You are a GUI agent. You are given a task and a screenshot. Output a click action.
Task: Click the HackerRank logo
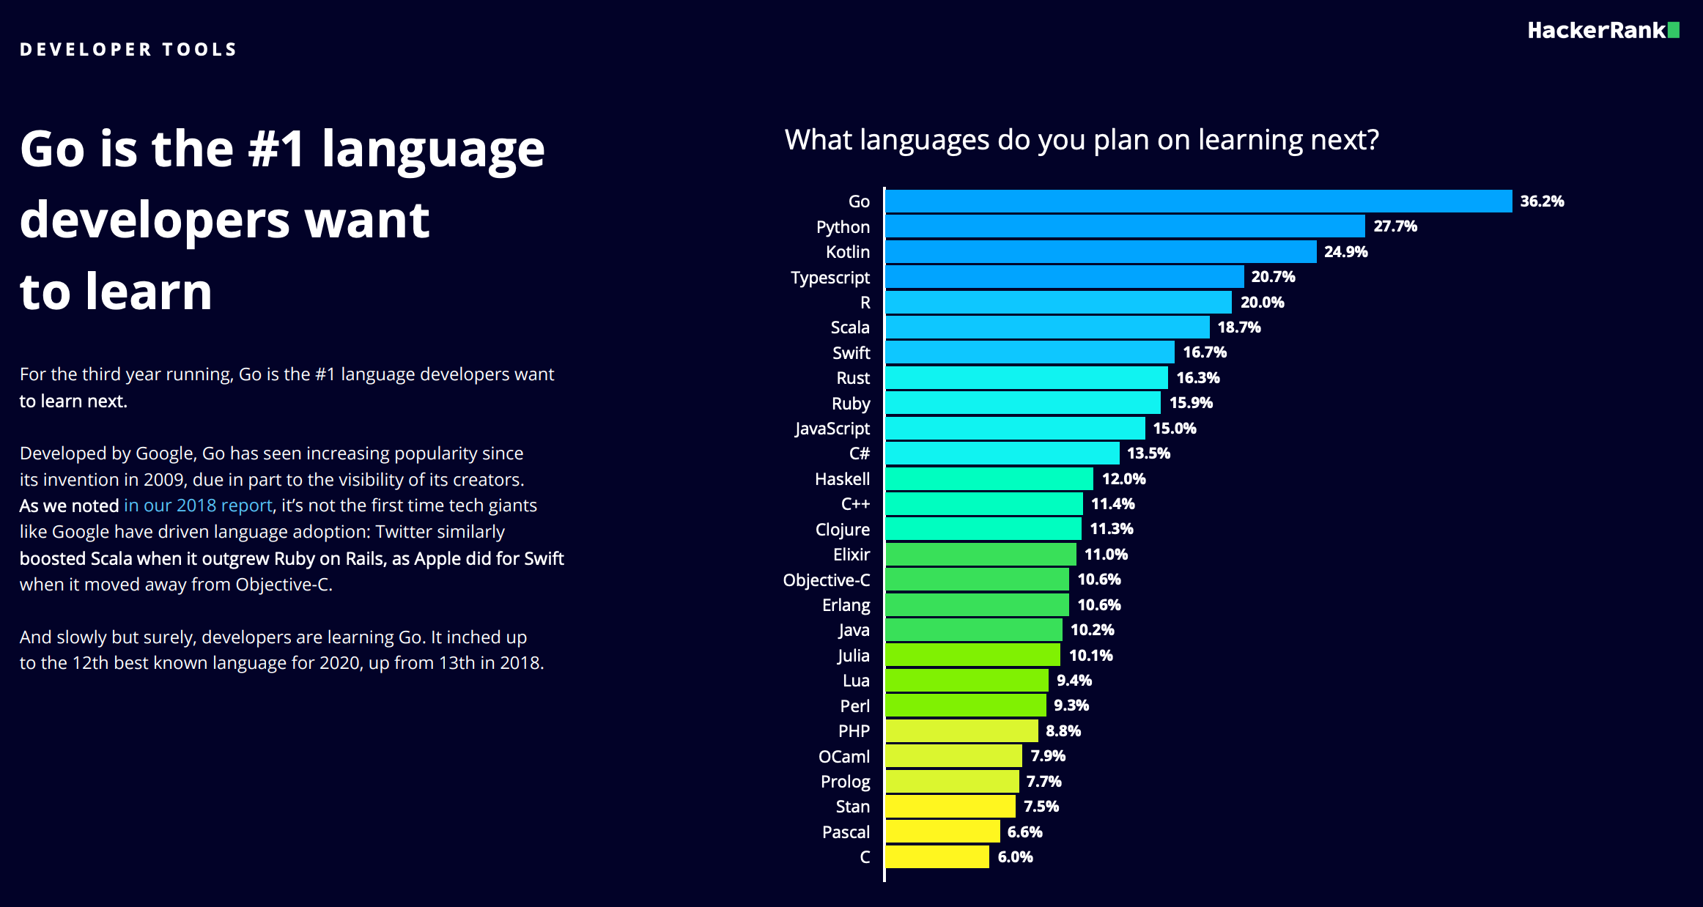[1603, 31]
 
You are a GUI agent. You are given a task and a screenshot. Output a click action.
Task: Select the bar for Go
[1198, 201]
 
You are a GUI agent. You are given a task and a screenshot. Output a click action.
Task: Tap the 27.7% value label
[1394, 226]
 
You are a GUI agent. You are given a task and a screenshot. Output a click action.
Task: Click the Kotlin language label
[848, 252]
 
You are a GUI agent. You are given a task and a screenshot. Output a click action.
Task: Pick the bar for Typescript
[1064, 277]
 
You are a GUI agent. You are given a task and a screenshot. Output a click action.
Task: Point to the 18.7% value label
[1238, 327]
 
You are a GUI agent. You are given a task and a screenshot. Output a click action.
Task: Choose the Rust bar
[1026, 378]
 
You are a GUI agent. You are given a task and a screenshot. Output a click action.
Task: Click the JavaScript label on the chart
[832, 429]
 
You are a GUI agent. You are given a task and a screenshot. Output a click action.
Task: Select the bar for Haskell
[989, 479]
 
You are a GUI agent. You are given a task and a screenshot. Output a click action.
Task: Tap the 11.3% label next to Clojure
[1111, 529]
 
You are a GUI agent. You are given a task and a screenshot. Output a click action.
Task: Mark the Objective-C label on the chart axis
[826, 580]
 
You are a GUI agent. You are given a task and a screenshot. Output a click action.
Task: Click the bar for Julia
[972, 655]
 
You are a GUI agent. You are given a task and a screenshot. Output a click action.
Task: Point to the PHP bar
[961, 731]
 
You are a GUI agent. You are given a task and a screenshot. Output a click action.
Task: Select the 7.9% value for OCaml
[1047, 756]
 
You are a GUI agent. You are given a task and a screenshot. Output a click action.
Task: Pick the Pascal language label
[846, 832]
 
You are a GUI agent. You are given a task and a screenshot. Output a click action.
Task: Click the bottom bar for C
[937, 857]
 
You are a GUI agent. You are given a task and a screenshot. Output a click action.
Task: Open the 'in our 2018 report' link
[198, 506]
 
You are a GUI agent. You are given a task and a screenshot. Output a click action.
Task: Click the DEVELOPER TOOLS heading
[128, 50]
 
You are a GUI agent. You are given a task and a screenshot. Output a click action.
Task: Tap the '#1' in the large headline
[276, 149]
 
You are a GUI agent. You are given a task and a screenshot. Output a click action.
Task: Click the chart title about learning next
[1082, 140]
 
